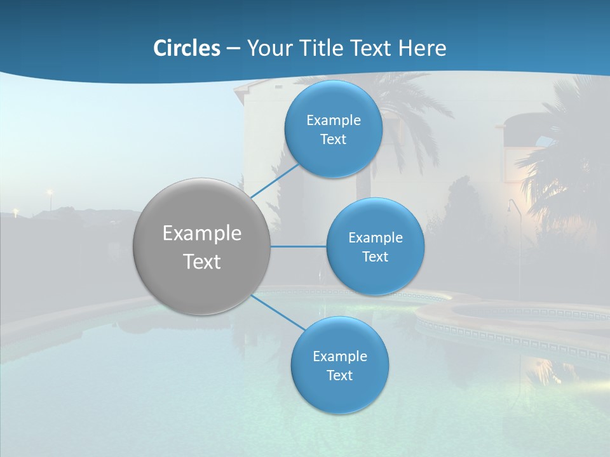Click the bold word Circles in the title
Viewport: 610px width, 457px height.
[x=187, y=48]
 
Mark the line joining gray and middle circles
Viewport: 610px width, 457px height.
[x=299, y=246]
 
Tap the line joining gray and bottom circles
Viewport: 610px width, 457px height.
[x=278, y=312]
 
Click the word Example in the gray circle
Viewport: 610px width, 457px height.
[x=202, y=234]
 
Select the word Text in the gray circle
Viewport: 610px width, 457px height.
[x=202, y=262]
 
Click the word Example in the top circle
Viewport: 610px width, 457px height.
[x=334, y=121]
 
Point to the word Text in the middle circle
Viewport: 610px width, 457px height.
[x=375, y=257]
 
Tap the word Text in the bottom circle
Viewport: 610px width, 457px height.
[x=340, y=376]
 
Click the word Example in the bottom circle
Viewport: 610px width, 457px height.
[x=340, y=357]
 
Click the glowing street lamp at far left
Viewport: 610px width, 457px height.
[x=48, y=192]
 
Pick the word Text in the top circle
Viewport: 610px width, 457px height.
[x=334, y=140]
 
